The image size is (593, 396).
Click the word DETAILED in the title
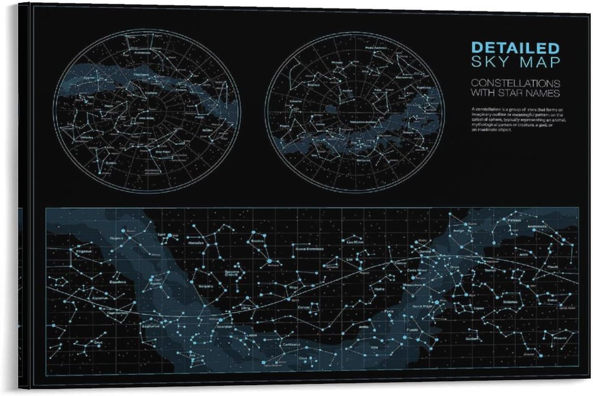click(515, 48)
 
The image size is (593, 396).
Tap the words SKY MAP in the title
click(515, 62)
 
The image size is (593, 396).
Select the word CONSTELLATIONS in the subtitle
click(515, 83)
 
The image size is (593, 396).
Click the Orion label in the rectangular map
click(456, 267)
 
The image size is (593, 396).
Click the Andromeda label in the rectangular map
click(538, 227)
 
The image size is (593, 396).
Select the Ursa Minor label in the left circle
click(148, 118)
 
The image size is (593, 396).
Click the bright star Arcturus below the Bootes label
click(269, 262)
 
